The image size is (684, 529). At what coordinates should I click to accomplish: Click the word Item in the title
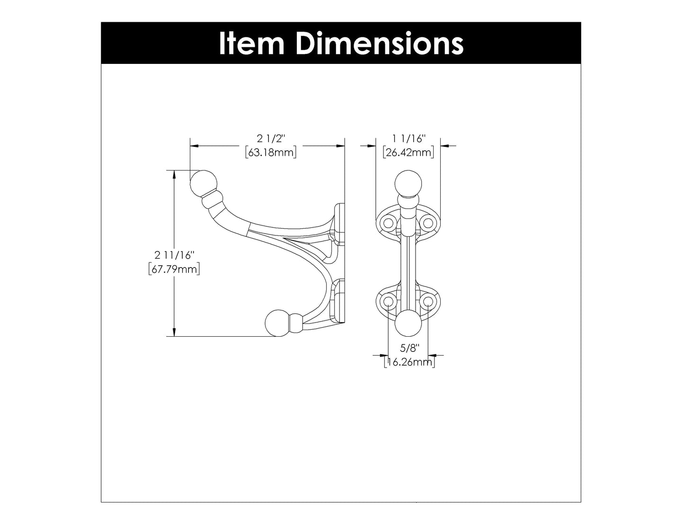pos(251,43)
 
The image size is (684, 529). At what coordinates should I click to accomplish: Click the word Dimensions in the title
pos(380,43)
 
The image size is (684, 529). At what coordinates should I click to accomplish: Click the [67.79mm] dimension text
pos(174,269)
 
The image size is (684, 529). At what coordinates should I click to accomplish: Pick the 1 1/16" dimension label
pos(409,139)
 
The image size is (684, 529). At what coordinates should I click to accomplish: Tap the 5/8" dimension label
pos(409,349)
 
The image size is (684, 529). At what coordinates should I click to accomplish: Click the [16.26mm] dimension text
pos(409,362)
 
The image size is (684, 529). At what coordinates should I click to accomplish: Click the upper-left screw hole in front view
pos(389,222)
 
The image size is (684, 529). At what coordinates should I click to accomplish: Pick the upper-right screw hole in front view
pos(428,222)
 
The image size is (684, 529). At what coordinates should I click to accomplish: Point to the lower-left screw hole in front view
pos(389,302)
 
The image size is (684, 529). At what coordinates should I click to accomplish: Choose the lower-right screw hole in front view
pos(428,302)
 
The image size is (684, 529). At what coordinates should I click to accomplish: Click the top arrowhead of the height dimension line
pos(175,174)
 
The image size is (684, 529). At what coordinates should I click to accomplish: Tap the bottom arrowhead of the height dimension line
pos(175,332)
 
